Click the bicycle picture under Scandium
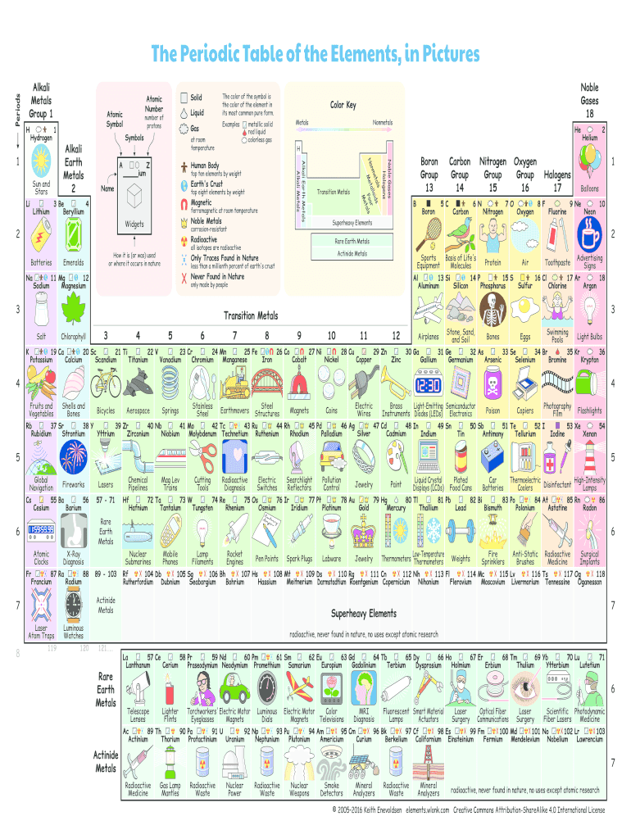pos(106,383)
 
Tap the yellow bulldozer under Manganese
pos(235,383)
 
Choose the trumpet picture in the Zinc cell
pos(396,383)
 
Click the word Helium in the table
pos(589,138)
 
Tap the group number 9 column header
pos(299,335)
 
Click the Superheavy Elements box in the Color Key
pos(352,223)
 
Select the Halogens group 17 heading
pos(557,181)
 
